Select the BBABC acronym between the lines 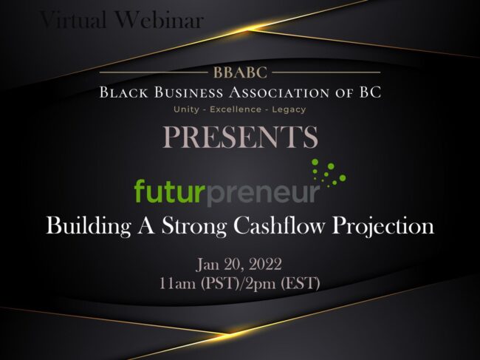[x=240, y=73]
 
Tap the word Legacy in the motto [x=290, y=109]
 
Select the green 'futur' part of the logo [x=168, y=191]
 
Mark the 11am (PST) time [x=196, y=282]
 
